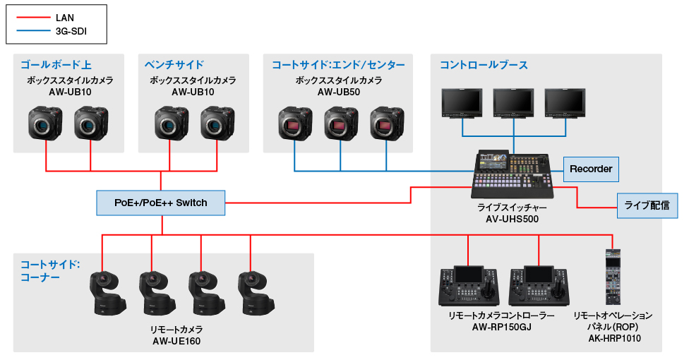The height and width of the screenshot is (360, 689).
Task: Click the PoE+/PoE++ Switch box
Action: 161,203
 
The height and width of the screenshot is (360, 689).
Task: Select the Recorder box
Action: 591,169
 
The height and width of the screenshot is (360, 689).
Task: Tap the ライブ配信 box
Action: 647,205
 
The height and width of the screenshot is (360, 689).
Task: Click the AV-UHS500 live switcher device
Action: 512,174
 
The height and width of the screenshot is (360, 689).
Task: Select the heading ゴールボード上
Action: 56,65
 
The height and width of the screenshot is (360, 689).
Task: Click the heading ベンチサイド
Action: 174,65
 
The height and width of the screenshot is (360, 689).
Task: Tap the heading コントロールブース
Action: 484,65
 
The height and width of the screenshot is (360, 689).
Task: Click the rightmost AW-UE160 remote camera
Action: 255,292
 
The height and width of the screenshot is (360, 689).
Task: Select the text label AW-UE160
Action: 176,341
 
